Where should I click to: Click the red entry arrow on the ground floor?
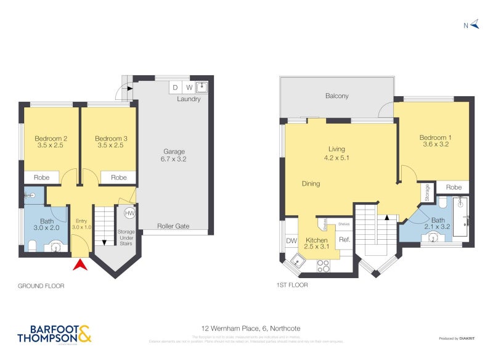click(x=79, y=266)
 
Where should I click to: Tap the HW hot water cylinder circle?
click(x=129, y=213)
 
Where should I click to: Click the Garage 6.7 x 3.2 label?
click(x=174, y=155)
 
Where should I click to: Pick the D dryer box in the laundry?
click(x=175, y=88)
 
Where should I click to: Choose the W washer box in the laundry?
click(x=189, y=88)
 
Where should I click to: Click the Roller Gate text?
click(x=173, y=226)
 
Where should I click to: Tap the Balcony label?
click(x=337, y=96)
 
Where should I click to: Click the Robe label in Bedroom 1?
click(x=454, y=187)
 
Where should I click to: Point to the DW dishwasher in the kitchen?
click(x=291, y=241)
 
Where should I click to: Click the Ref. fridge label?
click(x=344, y=240)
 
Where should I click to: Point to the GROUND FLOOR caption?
click(x=41, y=286)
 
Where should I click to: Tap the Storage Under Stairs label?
click(x=126, y=239)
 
